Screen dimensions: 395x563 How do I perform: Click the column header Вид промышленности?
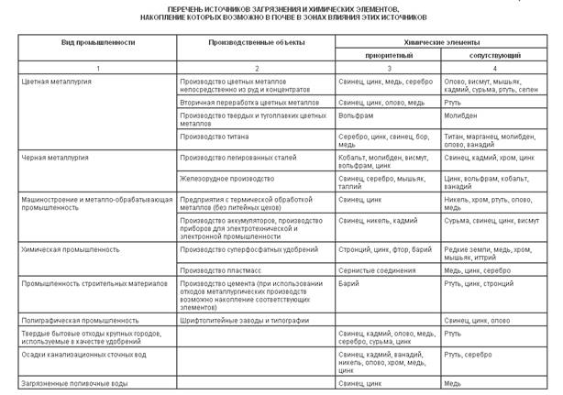tap(97, 42)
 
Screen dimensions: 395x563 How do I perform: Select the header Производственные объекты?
tap(257, 42)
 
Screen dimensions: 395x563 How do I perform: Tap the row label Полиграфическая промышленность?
tap(73, 319)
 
